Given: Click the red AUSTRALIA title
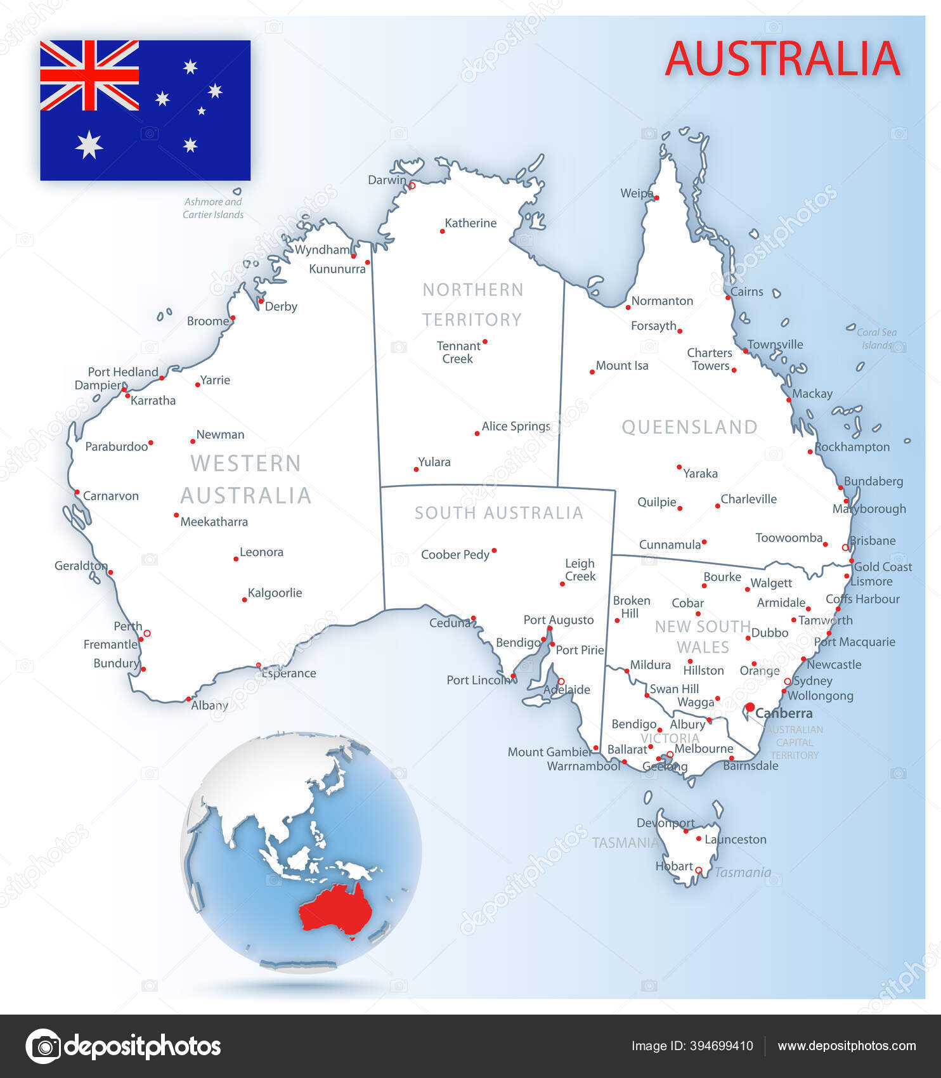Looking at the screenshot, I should tap(782, 58).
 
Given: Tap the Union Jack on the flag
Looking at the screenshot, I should tap(89, 75).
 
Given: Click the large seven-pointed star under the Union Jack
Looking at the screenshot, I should tap(89, 145).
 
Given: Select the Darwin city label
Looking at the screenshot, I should tap(387, 180).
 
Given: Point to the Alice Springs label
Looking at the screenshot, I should tap(516, 426).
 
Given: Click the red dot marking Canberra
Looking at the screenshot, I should tap(750, 707).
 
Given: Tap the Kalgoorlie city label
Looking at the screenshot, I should tap(275, 593).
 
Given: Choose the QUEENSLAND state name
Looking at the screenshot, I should tap(689, 427).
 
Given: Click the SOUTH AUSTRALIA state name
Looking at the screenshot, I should tap(498, 512).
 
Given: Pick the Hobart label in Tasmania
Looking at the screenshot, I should tap(673, 866).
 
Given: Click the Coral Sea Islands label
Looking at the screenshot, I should tap(877, 339).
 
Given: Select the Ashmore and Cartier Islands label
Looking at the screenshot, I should tap(213, 208).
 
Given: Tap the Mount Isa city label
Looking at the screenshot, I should tap(621, 365).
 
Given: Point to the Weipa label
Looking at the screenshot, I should tap(636, 193).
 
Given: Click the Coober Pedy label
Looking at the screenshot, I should tap(455, 555).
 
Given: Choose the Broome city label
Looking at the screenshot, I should tap(207, 321).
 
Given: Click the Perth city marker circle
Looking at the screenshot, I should tap(147, 633).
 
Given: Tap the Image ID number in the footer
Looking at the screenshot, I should tap(721, 1046).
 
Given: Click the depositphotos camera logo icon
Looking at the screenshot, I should tap(43, 1046).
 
